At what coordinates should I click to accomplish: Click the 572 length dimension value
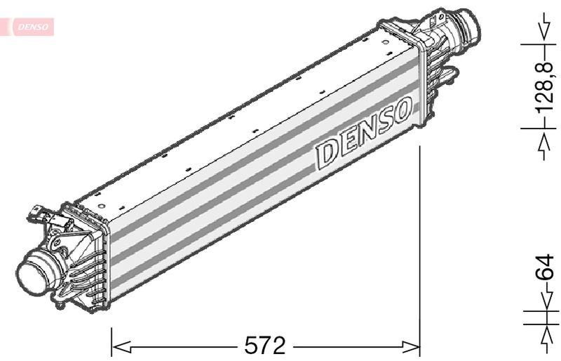click(265, 346)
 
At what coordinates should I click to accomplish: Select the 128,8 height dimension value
click(546, 86)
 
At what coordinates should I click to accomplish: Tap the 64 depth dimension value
click(545, 267)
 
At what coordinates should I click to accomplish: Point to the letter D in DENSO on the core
click(326, 153)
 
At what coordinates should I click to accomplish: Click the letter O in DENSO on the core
click(401, 110)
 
